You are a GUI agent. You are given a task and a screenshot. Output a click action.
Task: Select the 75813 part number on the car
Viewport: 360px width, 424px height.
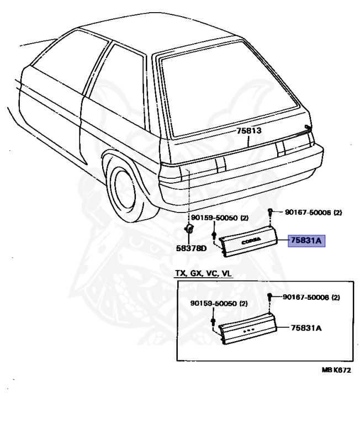[x=248, y=131]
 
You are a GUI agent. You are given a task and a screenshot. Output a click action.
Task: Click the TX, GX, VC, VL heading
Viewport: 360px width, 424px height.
[x=204, y=274]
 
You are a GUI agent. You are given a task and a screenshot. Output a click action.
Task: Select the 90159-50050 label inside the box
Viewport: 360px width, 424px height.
[x=219, y=303]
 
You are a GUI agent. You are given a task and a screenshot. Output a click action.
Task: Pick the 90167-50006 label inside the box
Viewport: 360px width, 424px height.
[x=311, y=297]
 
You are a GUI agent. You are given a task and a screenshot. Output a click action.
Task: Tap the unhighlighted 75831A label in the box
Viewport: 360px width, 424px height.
[x=306, y=328]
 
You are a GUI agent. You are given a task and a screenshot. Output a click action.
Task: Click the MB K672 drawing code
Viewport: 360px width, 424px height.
[x=336, y=370]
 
